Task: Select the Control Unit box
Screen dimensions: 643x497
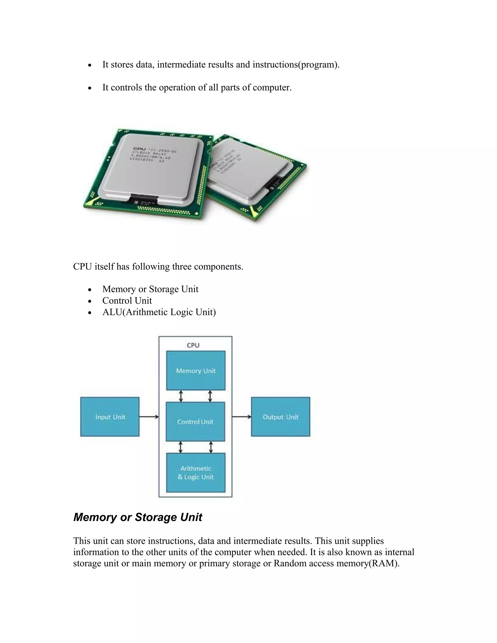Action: coord(195,422)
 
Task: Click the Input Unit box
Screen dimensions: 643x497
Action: coord(110,417)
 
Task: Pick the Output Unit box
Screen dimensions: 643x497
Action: coord(280,417)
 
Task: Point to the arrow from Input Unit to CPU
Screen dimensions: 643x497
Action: coord(149,417)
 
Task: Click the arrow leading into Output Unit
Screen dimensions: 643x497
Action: coord(241,417)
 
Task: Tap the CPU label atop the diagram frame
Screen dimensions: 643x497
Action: coord(193,345)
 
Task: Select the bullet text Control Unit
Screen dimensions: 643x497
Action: coord(127,301)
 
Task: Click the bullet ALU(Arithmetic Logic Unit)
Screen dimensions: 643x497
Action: coord(159,312)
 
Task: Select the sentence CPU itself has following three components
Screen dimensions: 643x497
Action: coord(158,266)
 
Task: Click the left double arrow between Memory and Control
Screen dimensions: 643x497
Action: coord(181,396)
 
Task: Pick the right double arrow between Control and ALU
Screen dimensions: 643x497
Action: coord(210,447)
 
